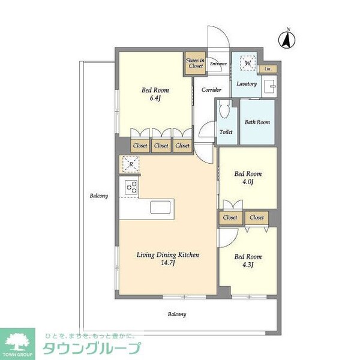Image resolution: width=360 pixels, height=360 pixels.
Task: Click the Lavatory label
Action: (x=247, y=84)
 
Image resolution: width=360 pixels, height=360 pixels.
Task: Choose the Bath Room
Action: (x=257, y=122)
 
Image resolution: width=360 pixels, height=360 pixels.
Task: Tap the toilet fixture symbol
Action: (x=224, y=110)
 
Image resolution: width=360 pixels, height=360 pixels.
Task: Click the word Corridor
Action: (x=211, y=90)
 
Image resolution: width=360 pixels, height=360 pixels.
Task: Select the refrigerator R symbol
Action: (x=130, y=164)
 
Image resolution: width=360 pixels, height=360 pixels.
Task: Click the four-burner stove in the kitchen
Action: (x=131, y=187)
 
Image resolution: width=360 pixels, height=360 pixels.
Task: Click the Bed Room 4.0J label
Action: (x=247, y=178)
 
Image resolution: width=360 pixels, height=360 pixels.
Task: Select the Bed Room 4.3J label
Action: (x=247, y=261)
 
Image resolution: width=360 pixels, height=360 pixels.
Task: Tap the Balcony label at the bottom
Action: (x=177, y=314)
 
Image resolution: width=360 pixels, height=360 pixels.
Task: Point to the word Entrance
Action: (x=218, y=64)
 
